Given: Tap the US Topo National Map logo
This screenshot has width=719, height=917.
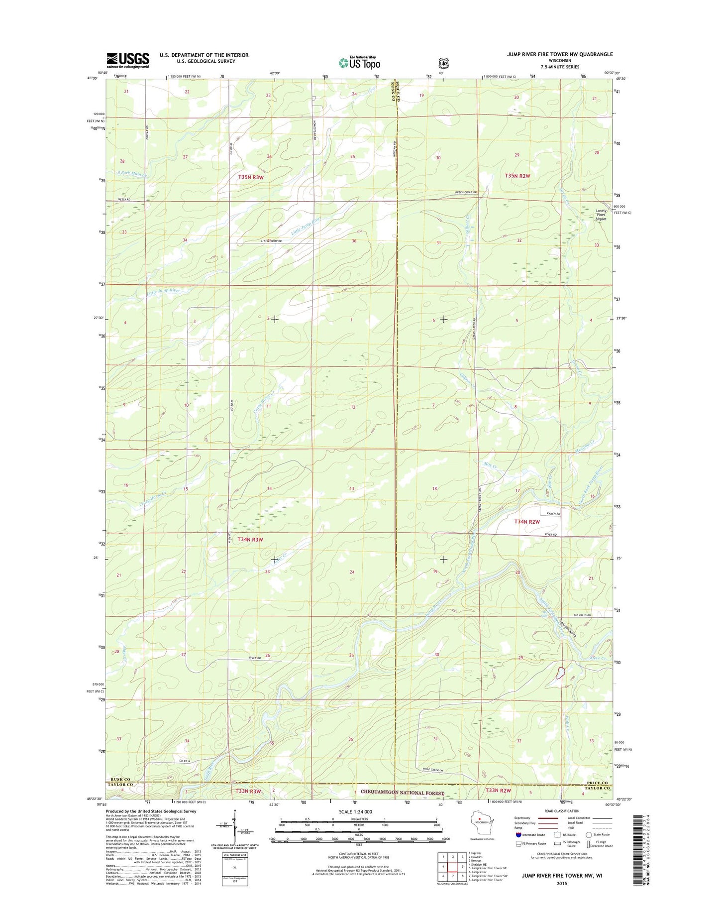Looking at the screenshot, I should point(359,62).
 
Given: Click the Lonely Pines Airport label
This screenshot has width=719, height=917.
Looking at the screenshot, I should point(601,215).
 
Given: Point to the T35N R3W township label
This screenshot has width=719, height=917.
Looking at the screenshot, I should point(250,177).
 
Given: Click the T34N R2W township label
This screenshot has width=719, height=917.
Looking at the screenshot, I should point(527,522).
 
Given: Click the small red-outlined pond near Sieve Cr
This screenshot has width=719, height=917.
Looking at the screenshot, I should point(560,673).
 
